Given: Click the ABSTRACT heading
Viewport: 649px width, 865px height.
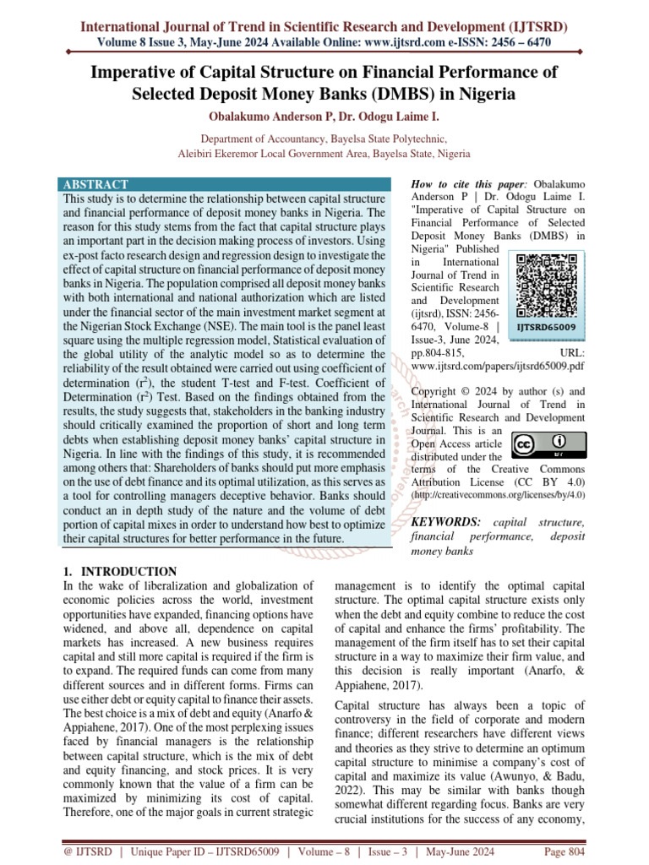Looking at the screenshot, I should coord(96,184).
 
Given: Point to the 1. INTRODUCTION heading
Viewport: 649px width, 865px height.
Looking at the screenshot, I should coord(121,572).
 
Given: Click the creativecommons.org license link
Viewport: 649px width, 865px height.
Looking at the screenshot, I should coord(497,492).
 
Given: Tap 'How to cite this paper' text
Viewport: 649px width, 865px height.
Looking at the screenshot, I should coord(463,184).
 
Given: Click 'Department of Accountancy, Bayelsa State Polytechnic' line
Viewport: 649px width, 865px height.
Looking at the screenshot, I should coord(324,139).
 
